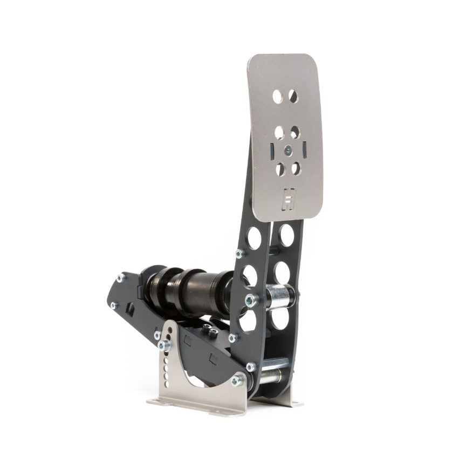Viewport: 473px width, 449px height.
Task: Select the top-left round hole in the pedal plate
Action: [277, 97]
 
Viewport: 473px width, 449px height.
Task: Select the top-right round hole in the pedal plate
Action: [293, 96]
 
